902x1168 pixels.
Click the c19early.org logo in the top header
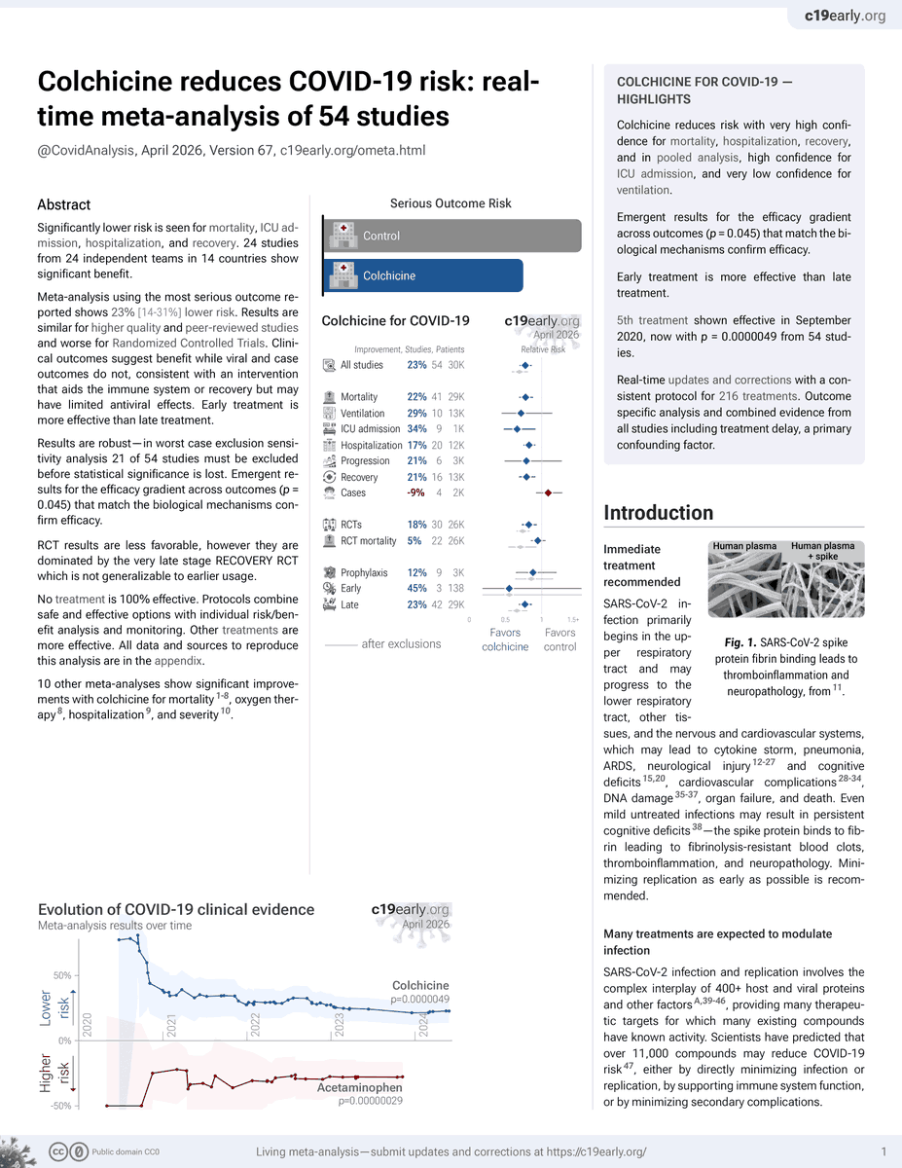click(845, 17)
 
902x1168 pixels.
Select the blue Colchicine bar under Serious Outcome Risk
click(422, 275)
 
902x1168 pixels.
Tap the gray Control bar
click(451, 236)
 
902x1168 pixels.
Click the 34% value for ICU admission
click(416, 428)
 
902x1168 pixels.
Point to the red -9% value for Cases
click(416, 493)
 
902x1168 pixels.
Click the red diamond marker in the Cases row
click(548, 493)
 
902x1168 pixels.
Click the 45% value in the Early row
click(416, 588)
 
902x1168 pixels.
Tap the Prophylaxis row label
click(365, 572)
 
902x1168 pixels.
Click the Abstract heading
click(63, 204)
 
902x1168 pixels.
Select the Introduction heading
click(658, 513)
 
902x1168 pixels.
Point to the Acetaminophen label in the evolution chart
click(358, 1087)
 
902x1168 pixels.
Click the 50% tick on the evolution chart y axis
click(62, 974)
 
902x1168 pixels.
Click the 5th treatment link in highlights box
click(652, 320)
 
